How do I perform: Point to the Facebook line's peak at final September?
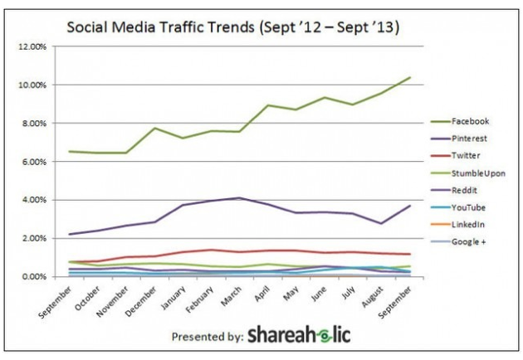[409, 78]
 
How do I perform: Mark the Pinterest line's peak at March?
[239, 198]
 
